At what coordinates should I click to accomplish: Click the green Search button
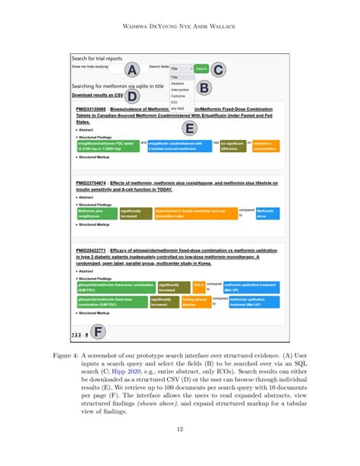point(201,68)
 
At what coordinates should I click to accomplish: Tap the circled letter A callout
point(131,70)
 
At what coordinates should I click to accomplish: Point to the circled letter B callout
point(203,88)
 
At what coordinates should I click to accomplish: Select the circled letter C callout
point(218,70)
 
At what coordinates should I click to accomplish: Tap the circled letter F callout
point(98,331)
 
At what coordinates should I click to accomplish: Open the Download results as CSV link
point(97,96)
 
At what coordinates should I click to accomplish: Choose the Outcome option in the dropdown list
point(177,96)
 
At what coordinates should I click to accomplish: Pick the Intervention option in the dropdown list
point(180,90)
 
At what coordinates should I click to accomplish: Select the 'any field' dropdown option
point(178,108)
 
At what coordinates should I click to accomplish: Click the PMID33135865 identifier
point(91,110)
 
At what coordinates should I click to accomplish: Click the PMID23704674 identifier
point(91,184)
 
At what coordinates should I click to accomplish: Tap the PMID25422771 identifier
point(91,250)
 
